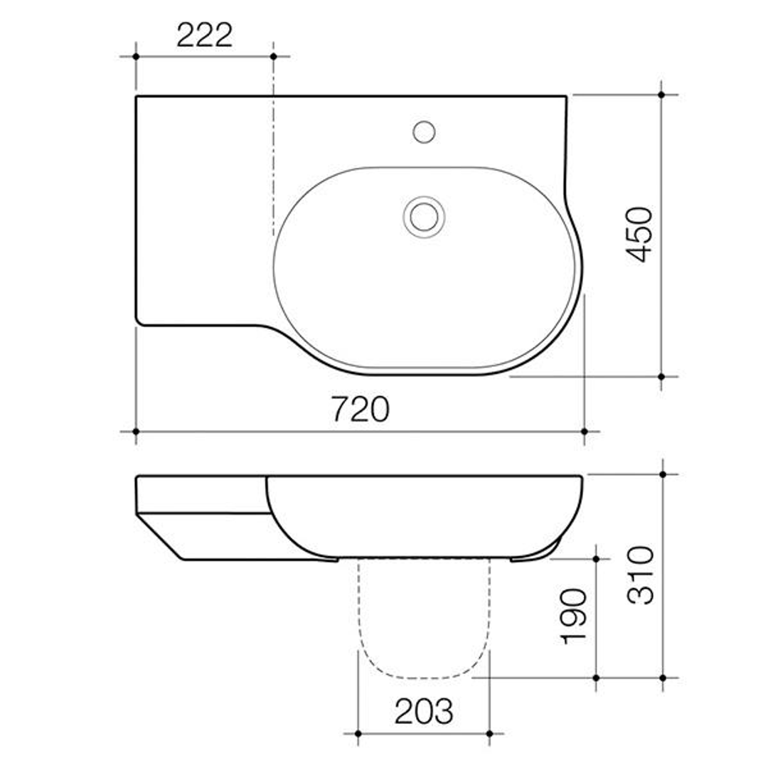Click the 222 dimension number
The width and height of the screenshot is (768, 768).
click(x=204, y=35)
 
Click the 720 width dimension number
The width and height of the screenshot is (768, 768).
click(x=360, y=410)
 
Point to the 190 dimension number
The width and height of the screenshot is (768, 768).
click(x=575, y=616)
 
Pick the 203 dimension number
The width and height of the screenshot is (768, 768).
click(x=423, y=711)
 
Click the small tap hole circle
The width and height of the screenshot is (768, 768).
click(x=424, y=132)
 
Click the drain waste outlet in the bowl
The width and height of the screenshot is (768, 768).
click(x=424, y=215)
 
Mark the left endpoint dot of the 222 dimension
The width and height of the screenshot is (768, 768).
click(x=135, y=55)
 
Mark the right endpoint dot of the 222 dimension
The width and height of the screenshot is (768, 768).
click(x=273, y=55)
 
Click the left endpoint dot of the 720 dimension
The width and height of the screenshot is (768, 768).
click(x=135, y=431)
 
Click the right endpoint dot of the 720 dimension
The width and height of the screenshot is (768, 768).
click(x=584, y=431)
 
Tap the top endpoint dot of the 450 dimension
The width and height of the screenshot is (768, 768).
click(x=661, y=94)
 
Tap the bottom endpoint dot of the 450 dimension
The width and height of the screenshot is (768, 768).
click(x=661, y=376)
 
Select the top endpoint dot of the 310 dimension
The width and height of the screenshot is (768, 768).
click(x=663, y=474)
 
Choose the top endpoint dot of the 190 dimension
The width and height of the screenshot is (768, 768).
click(x=596, y=559)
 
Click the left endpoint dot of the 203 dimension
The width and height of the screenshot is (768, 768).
click(x=358, y=733)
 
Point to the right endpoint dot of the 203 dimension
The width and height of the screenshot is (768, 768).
click(x=489, y=733)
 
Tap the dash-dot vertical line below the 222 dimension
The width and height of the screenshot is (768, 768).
click(x=273, y=164)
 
